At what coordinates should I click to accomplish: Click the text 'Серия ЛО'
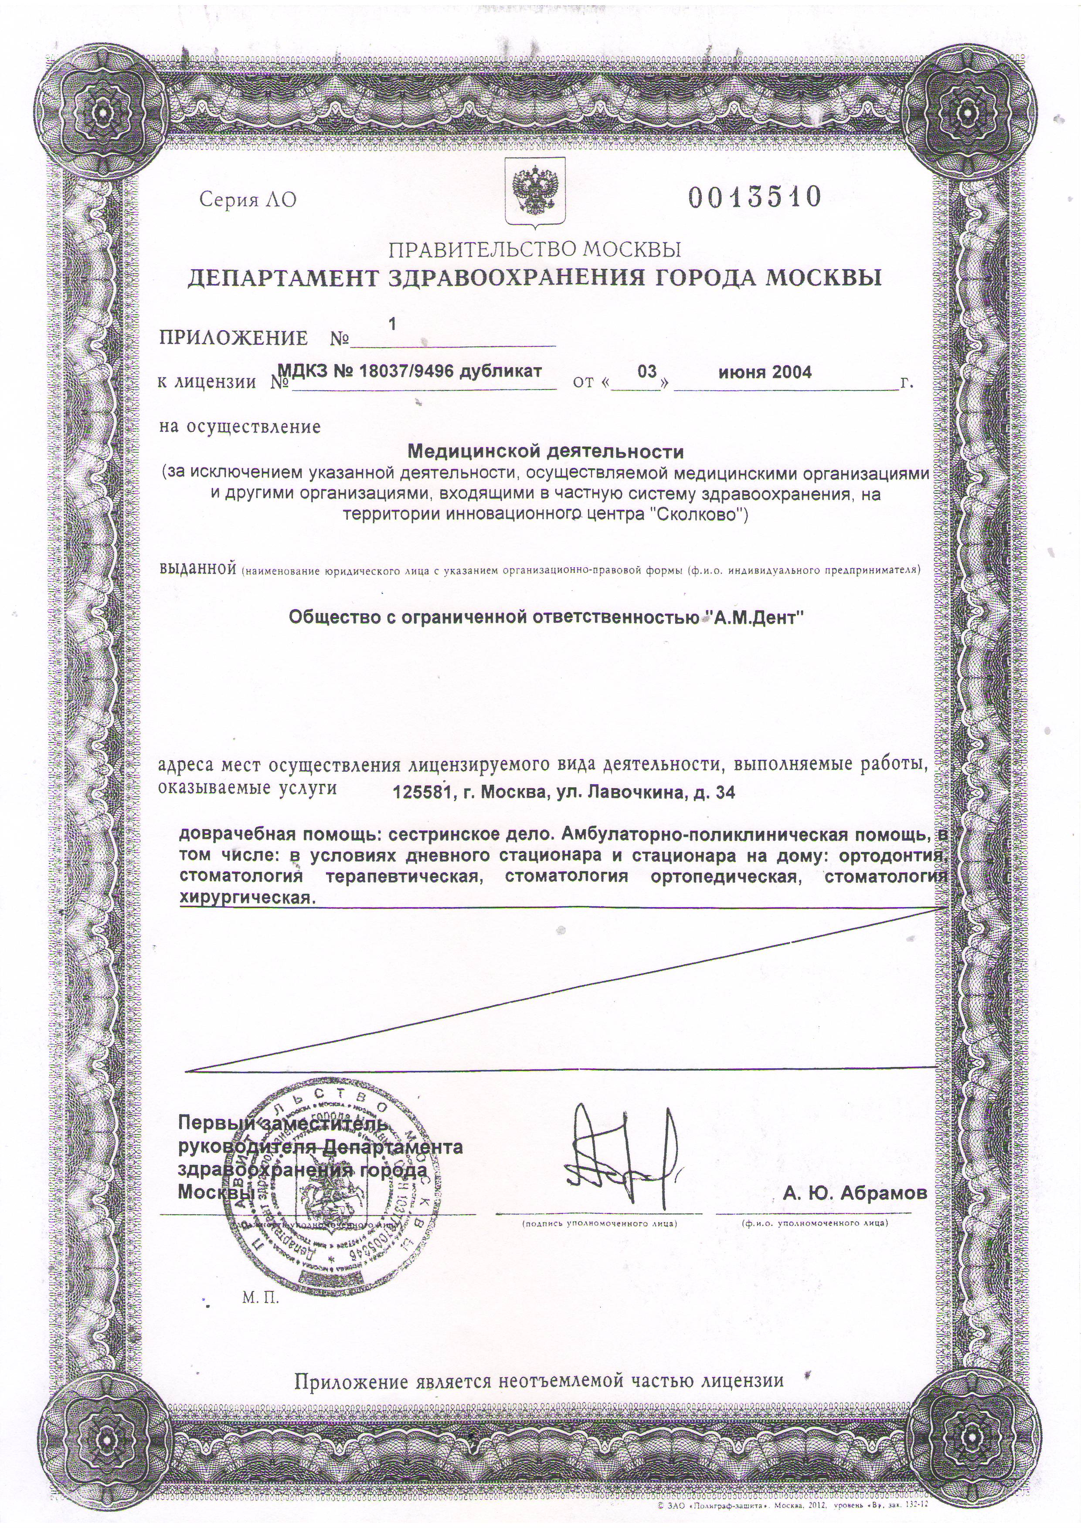(x=248, y=200)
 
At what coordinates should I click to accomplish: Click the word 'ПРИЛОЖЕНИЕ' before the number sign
(x=234, y=338)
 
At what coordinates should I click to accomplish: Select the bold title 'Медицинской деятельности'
(x=545, y=453)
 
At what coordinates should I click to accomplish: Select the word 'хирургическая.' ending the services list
(x=245, y=898)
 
